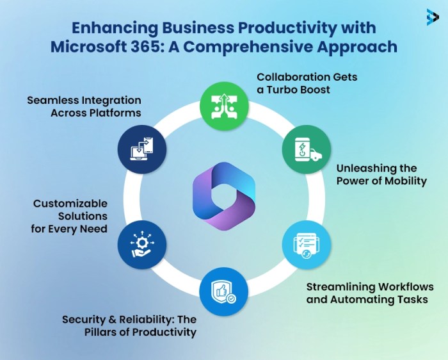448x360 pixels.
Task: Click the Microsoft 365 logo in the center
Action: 223,195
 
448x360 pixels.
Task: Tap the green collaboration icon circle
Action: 224,102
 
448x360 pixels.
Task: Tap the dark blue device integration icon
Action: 142,149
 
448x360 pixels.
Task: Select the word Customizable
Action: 71,204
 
